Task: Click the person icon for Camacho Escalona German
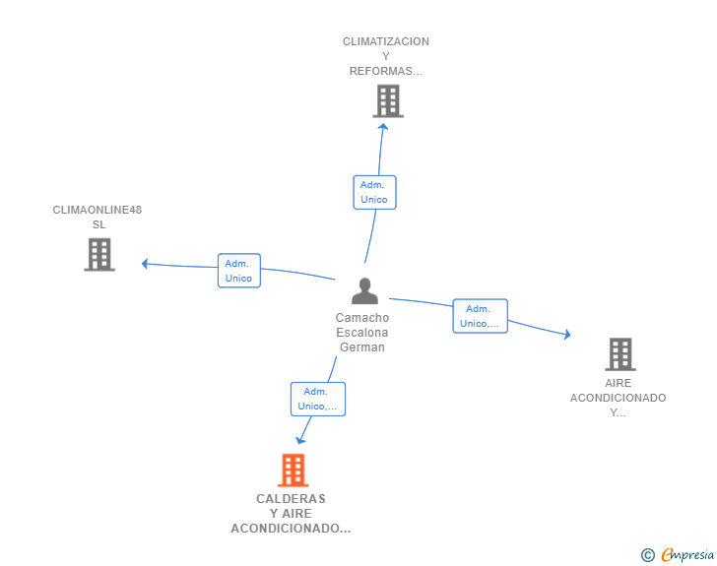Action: tap(364, 290)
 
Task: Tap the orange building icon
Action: tap(293, 470)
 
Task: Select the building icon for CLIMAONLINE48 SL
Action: tap(99, 255)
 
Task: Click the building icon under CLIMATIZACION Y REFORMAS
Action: tap(388, 101)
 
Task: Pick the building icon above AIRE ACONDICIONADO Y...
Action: tap(620, 353)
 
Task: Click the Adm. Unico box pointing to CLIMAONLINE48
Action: tap(239, 271)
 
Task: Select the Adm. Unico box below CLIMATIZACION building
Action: tap(374, 193)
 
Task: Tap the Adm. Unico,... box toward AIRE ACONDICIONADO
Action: tap(481, 316)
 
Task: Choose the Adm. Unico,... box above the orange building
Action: tap(318, 399)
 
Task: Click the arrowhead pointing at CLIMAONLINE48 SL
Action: tap(145, 264)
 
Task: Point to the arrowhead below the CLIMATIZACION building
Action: tap(383, 126)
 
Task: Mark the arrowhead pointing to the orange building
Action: tap(300, 440)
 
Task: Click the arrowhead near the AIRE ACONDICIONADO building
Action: tap(567, 335)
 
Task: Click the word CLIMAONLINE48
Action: tap(97, 210)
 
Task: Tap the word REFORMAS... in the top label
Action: tap(386, 71)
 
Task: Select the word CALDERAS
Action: tap(291, 499)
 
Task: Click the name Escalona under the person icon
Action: tap(362, 333)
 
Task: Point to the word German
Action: tap(362, 347)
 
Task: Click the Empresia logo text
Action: tap(687, 555)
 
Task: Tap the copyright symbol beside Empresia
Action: tap(647, 555)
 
